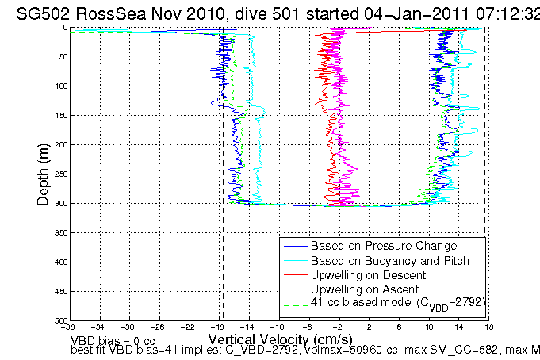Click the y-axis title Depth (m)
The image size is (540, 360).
click(x=45, y=173)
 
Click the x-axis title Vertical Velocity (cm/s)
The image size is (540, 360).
click(x=279, y=338)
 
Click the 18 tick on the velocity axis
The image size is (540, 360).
click(x=489, y=327)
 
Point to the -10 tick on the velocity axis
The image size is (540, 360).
click(x=278, y=327)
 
